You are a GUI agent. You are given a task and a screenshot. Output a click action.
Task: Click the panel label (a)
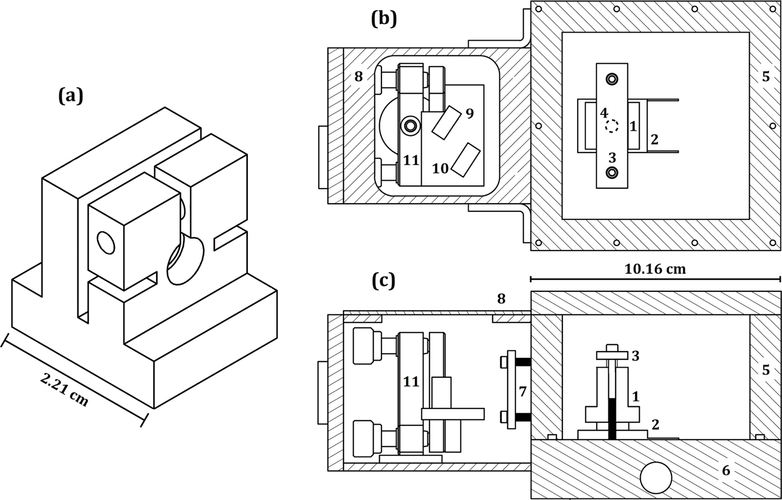pos(70,96)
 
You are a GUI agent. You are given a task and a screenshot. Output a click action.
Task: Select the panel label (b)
pos(384,18)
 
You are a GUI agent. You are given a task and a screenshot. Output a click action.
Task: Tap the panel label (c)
pos(384,281)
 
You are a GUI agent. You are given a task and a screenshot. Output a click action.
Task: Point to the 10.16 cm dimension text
pos(655,269)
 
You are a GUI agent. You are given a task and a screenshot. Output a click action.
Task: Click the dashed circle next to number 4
pos(612,126)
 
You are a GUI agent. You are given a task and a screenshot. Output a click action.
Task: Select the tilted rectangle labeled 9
pos(446,122)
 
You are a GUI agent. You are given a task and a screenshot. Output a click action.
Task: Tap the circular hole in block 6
pos(656,478)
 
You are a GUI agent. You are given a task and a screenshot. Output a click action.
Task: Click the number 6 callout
pos(726,471)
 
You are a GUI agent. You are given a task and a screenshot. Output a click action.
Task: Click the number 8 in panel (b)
pos(358,76)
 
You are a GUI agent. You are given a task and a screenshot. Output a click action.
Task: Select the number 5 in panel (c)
pos(766,370)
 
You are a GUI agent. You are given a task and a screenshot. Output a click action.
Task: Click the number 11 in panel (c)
pos(411,382)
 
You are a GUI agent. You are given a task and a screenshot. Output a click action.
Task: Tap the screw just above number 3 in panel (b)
pos(612,172)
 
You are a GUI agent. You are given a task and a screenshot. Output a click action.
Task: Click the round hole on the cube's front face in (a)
pos(105,243)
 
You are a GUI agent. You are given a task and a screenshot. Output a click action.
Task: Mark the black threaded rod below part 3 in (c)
pos(612,419)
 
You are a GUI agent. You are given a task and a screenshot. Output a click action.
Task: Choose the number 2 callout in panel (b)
pos(654,139)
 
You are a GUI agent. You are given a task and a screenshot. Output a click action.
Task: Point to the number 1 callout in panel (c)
pos(635,397)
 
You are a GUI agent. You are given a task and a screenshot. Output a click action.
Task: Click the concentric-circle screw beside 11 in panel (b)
pos(411,126)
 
